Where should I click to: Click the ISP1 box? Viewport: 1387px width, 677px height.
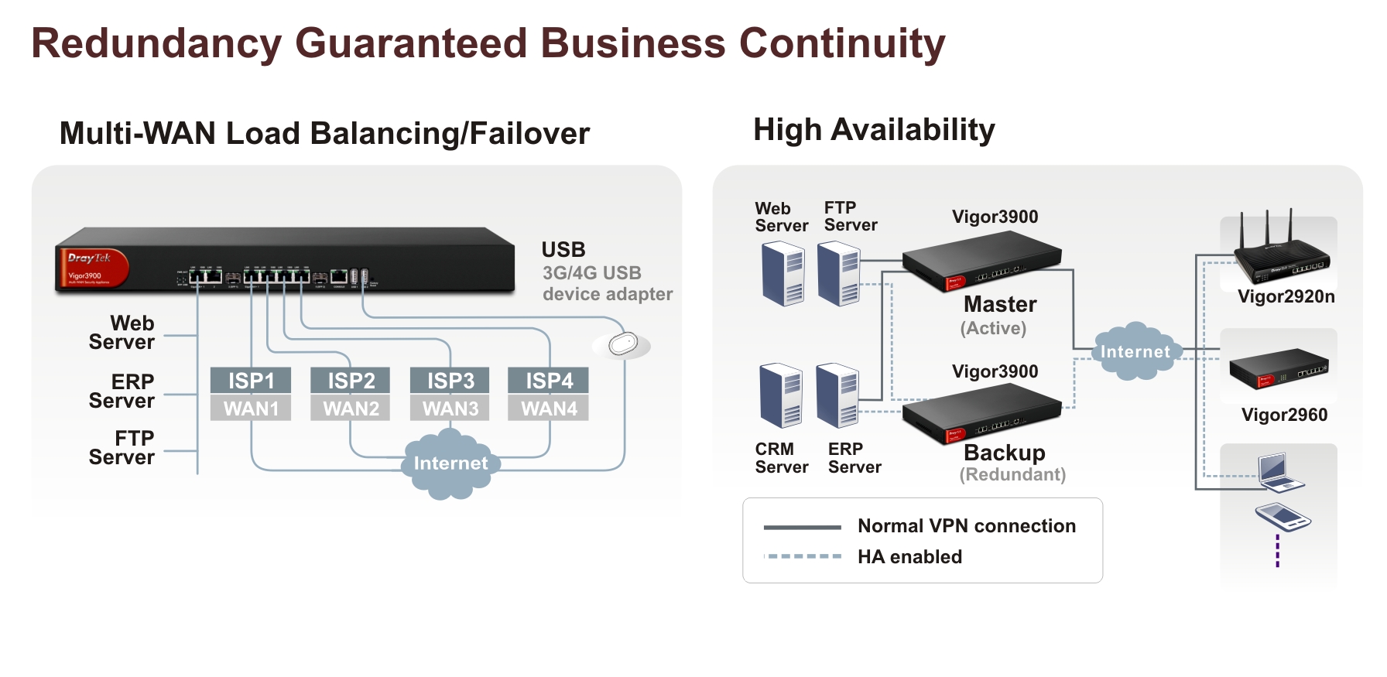(251, 381)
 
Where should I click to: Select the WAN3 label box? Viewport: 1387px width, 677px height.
(450, 409)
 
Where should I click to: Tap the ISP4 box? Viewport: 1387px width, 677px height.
(549, 381)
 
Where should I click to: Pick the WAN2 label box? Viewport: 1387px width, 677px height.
(351, 409)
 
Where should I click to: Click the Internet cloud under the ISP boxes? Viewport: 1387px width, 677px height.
(450, 463)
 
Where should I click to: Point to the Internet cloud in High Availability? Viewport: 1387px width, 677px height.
(1135, 352)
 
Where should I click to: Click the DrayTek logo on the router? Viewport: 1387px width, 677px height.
(90, 258)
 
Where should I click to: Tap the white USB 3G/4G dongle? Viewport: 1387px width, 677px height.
(622, 344)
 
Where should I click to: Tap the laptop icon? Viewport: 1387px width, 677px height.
(1279, 472)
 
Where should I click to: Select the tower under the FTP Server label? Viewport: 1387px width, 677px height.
(839, 273)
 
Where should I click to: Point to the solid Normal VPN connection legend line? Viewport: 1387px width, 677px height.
(802, 528)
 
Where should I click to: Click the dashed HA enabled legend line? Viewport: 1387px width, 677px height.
(802, 556)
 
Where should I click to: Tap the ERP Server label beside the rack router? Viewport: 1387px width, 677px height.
(122, 391)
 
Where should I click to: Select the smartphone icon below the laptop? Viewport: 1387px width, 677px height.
(1282, 517)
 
